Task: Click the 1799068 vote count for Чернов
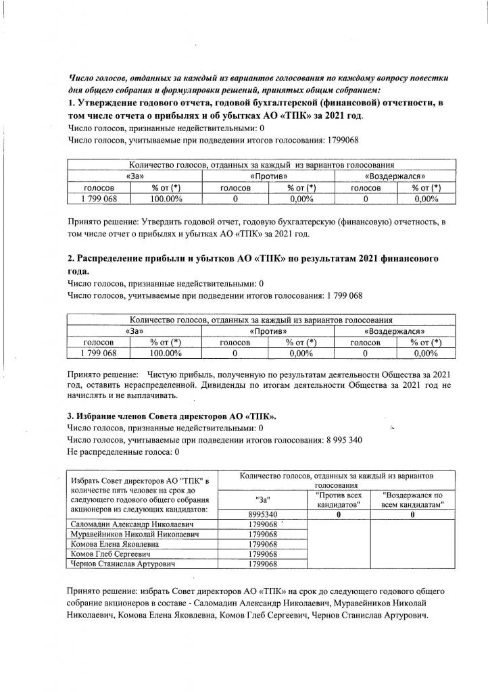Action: pyautogui.click(x=264, y=564)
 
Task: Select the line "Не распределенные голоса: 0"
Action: pyautogui.click(x=124, y=451)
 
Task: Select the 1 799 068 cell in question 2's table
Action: pyautogui.click(x=99, y=353)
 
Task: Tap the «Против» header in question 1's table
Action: pyautogui.click(x=268, y=176)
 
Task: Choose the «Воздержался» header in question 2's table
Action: pyautogui.click(x=395, y=331)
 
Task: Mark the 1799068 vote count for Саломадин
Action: pyautogui.click(x=264, y=524)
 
